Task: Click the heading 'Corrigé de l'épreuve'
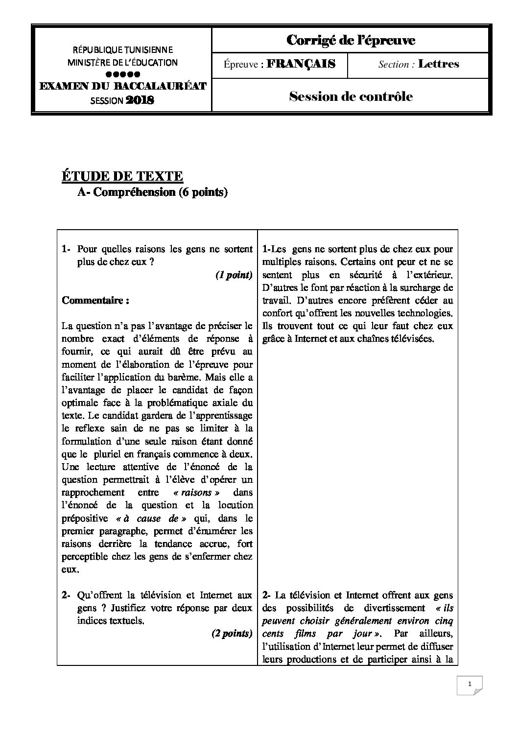tap(350, 40)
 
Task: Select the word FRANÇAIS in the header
tap(301, 64)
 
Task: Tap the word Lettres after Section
tap(438, 64)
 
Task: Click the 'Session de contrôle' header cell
tap(351, 96)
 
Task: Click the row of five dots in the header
tap(122, 74)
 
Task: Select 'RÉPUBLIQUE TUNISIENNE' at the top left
tap(122, 50)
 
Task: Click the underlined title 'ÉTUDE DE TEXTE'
tap(122, 176)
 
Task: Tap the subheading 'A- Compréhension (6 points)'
tap(152, 192)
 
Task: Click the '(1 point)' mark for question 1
tap(234, 275)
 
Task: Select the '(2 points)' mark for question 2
tap(232, 634)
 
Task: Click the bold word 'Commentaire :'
tap(95, 301)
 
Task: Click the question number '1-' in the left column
tap(67, 249)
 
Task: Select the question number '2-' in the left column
tap(67, 595)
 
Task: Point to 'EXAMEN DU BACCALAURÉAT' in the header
tap(122, 87)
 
